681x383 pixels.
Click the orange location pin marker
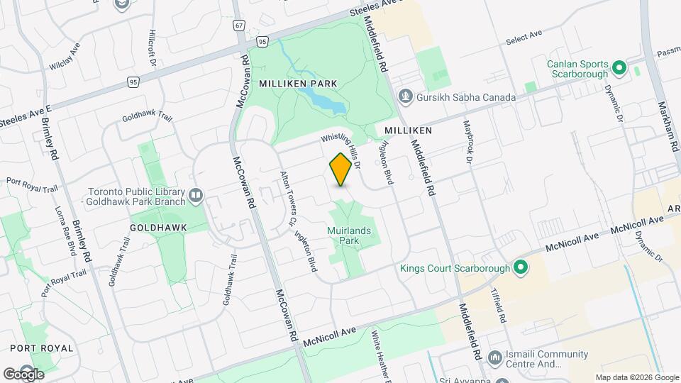(x=340, y=170)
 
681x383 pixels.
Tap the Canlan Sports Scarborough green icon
(x=618, y=68)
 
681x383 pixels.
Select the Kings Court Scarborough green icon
(x=521, y=268)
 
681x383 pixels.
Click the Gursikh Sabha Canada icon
(x=405, y=96)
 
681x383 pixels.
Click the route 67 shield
(x=239, y=26)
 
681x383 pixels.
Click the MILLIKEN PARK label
(x=297, y=84)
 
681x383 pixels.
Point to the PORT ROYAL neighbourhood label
(x=42, y=348)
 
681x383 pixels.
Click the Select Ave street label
(x=524, y=38)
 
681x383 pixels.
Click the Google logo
(x=24, y=374)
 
